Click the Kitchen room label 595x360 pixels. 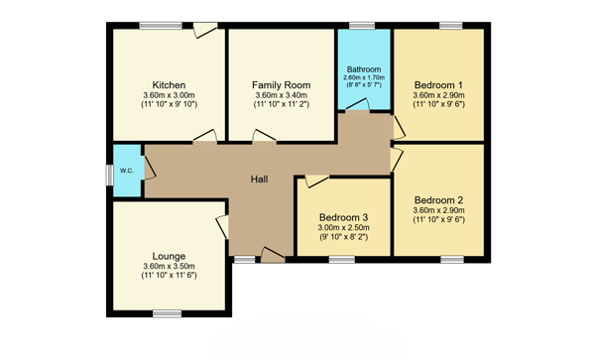click(169, 85)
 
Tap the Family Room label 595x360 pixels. click(282, 85)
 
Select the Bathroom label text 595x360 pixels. click(364, 69)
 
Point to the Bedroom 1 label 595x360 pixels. click(438, 85)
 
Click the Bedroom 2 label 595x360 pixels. click(438, 200)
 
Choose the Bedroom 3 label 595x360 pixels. click(343, 218)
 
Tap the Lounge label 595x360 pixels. click(169, 257)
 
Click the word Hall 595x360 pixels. click(259, 180)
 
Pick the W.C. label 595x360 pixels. click(127, 171)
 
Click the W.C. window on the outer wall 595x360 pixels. click(109, 176)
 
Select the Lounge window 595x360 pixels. click(168, 313)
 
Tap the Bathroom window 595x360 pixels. click(362, 26)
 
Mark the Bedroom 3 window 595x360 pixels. click(342, 260)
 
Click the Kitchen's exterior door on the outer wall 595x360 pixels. click(205, 30)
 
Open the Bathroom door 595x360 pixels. click(357, 105)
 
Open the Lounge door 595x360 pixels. click(223, 227)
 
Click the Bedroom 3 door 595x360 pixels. click(317, 180)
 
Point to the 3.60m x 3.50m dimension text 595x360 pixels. click(169, 267)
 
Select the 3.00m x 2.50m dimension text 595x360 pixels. click(343, 228)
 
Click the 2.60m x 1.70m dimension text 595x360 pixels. click(364, 77)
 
